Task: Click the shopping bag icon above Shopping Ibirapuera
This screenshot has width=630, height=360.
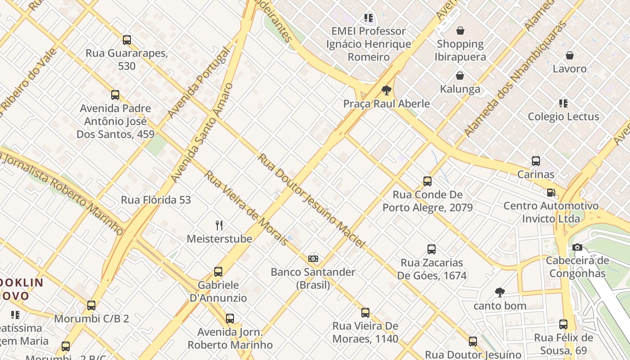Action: point(460,31)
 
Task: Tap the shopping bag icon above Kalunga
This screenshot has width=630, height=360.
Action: point(460,76)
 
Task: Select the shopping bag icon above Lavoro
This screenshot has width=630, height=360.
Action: point(569,55)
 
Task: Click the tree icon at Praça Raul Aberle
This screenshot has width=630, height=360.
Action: point(386,90)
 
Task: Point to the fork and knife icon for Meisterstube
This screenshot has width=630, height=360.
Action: point(219,225)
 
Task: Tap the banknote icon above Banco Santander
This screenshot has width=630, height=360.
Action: point(313,259)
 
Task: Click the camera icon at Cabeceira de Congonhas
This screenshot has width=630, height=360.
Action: point(577,247)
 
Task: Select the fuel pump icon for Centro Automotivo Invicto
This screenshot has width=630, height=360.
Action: point(551,193)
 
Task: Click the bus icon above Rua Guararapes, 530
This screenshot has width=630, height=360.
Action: point(127,40)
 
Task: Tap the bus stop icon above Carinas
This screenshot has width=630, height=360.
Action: point(535,161)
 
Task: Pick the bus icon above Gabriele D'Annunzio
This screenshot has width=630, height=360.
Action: point(218,272)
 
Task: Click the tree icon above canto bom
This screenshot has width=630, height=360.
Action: point(499,292)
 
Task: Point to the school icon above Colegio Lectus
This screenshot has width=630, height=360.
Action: point(563,103)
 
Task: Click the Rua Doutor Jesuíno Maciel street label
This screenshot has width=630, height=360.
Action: point(311,201)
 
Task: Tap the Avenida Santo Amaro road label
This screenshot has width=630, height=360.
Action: point(202,133)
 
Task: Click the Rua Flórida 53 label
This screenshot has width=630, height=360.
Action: point(156,200)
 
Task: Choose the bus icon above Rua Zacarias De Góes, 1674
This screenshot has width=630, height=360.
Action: point(431,249)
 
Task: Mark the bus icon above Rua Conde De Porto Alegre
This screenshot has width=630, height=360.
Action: point(427,181)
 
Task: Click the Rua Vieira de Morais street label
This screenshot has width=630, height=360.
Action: point(246,208)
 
